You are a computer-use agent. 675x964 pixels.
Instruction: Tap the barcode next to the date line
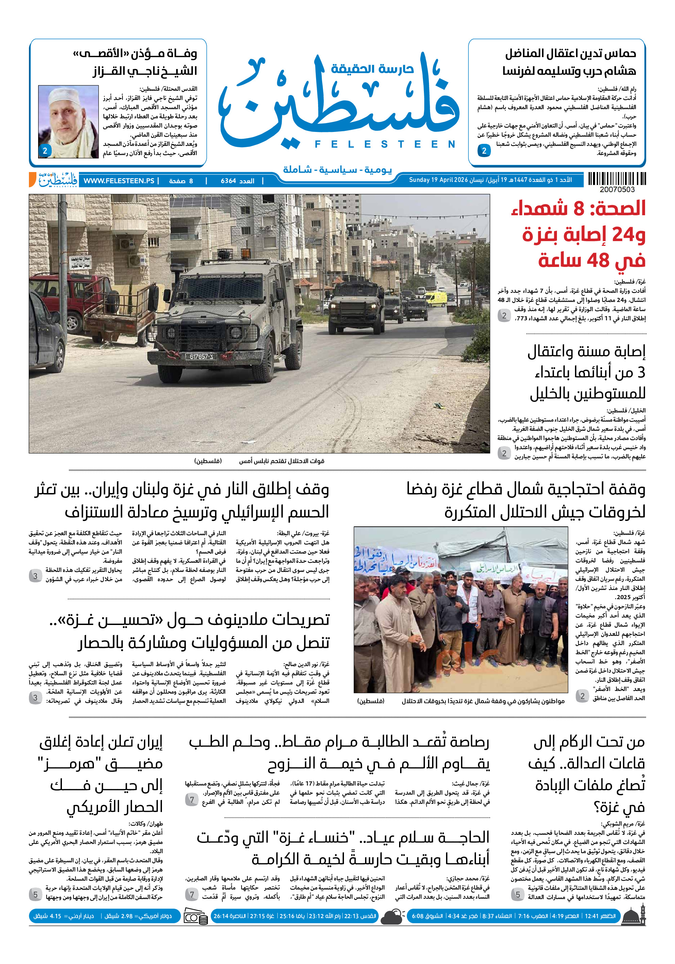click(616, 179)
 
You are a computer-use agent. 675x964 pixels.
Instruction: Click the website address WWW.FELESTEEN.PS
click(119, 181)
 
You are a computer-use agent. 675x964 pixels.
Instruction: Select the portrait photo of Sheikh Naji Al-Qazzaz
click(68, 121)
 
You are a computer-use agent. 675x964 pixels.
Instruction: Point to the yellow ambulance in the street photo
click(435, 299)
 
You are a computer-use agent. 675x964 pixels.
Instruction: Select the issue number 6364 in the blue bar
click(228, 181)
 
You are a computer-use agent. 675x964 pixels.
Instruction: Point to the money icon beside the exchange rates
click(196, 916)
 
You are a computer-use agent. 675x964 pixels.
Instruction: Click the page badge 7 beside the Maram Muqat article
click(192, 799)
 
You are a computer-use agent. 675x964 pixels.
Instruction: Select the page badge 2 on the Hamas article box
click(484, 151)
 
